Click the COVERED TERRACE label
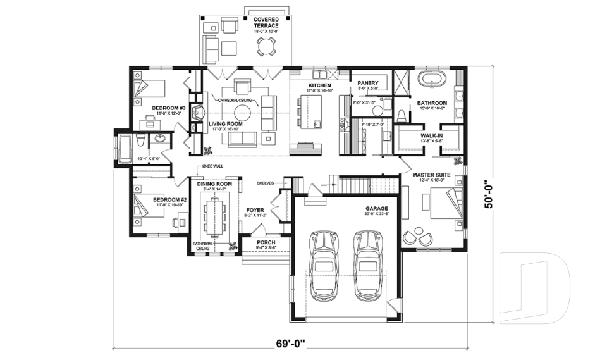click(x=266, y=23)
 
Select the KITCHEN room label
click(x=319, y=85)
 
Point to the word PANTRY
click(x=367, y=83)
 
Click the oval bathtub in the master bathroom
click(x=433, y=80)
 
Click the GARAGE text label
click(x=376, y=208)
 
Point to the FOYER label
click(x=255, y=208)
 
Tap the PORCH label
click(x=266, y=242)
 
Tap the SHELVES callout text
click(x=265, y=183)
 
